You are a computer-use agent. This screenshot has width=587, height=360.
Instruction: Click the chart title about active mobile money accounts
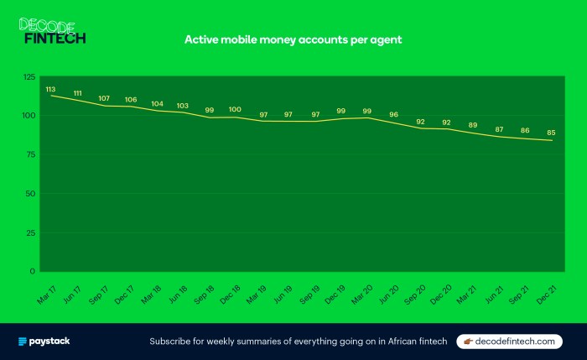294,39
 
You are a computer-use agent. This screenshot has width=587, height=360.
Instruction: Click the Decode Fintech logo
52,31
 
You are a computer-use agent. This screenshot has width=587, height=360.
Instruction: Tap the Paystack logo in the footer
44,342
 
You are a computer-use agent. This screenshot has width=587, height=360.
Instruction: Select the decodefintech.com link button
510,342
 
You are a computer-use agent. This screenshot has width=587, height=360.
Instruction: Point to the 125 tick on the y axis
29,77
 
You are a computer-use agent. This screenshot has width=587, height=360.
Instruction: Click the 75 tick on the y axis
31,154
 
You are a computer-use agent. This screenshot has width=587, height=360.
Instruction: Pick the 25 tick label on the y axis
31,232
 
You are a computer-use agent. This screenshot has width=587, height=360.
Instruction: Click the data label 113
50,89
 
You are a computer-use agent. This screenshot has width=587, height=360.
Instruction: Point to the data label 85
551,133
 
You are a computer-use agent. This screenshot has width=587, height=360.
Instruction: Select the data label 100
235,109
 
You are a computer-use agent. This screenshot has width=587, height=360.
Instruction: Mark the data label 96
393,115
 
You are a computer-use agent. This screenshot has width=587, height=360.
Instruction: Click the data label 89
472,125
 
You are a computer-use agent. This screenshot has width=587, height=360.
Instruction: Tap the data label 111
77,92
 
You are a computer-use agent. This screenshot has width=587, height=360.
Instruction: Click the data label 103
183,105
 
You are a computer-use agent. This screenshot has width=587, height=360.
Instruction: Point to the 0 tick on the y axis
34,271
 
